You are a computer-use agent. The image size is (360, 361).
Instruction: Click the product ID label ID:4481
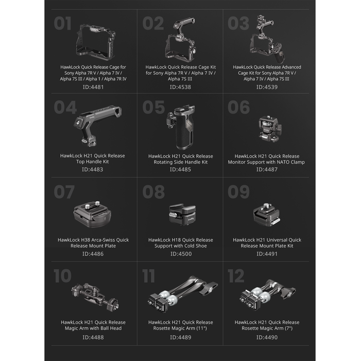(x=93, y=87)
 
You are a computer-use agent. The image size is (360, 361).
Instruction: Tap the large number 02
(x=153, y=24)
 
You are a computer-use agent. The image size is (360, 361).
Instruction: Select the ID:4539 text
(x=267, y=87)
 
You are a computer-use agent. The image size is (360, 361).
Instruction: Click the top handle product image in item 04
(x=97, y=125)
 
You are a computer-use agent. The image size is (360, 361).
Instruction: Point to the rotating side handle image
(x=181, y=127)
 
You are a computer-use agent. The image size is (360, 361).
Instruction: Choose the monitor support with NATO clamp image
(x=270, y=129)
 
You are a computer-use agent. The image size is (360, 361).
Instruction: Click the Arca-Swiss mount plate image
(x=92, y=214)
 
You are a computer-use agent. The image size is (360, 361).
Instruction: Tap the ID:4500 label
(x=181, y=254)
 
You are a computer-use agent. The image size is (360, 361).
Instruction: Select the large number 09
(x=238, y=191)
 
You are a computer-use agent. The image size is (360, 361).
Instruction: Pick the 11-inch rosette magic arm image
(x=183, y=294)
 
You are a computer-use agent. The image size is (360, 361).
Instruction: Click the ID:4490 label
(x=267, y=337)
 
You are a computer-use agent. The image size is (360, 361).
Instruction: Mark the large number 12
(x=236, y=275)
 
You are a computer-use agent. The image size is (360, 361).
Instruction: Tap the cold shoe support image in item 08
(x=182, y=214)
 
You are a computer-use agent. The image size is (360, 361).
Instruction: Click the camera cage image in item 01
(x=96, y=42)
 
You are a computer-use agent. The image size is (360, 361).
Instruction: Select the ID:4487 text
(x=267, y=170)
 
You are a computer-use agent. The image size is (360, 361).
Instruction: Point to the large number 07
(x=64, y=191)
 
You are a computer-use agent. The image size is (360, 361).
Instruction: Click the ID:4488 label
(x=93, y=337)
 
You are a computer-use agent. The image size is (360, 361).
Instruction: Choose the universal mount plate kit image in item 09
(x=267, y=215)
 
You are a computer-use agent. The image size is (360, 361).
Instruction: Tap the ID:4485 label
(x=180, y=170)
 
